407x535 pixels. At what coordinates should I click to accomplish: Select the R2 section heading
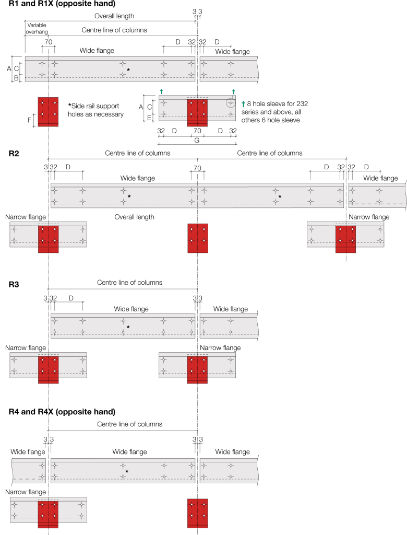coord(14,153)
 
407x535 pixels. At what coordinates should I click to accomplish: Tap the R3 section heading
coord(14,285)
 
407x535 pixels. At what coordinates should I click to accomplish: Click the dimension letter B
coord(16,78)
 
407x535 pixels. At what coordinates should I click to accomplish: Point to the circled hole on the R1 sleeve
coord(230,103)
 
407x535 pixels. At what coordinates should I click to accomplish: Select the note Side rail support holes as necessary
coord(96,110)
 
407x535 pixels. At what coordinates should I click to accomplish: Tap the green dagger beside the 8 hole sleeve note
coord(244,104)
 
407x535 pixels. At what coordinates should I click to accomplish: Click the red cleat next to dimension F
coord(48,111)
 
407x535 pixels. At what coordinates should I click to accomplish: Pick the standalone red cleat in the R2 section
coord(198,238)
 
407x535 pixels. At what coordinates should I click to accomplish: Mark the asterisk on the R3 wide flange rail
coord(128,327)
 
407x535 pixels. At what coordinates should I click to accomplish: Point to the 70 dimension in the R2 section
coord(197,168)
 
